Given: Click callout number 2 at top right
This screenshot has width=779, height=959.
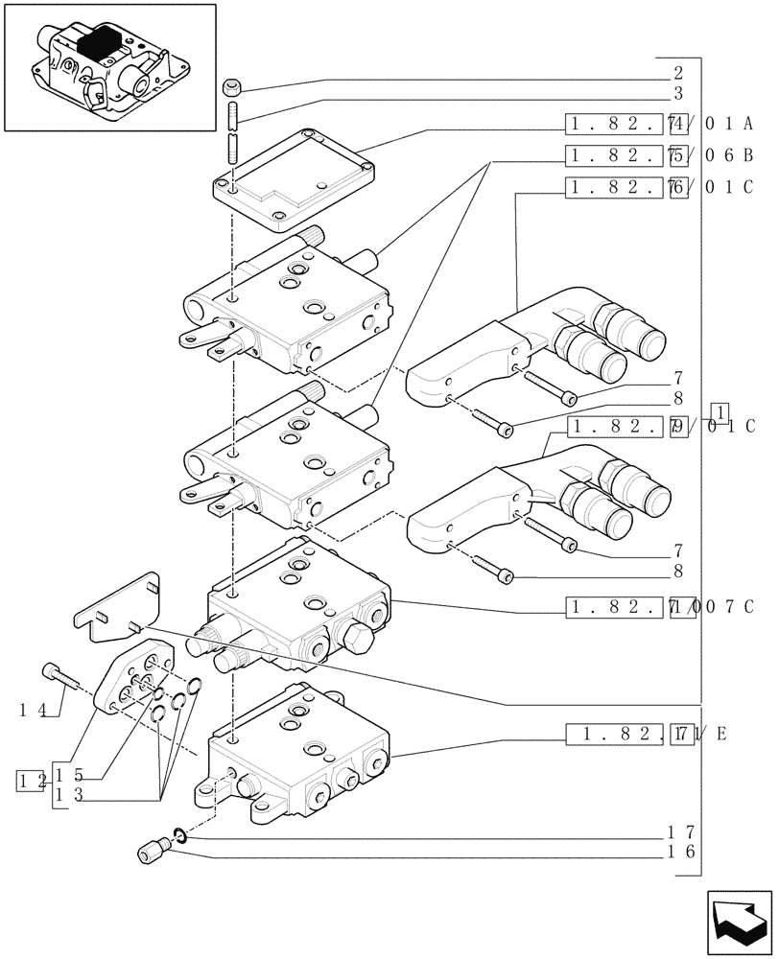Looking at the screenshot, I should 677,72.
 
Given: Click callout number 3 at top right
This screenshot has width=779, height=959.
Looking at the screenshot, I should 677,93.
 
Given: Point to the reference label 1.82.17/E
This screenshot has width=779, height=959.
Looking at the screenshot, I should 647,735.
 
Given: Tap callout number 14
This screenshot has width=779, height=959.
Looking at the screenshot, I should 33,711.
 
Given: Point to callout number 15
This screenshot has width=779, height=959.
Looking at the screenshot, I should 70,775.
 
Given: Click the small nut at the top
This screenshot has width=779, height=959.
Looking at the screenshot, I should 231,89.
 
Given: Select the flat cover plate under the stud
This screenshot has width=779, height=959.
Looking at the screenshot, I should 293,182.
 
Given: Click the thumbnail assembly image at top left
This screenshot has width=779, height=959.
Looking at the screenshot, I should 109,66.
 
